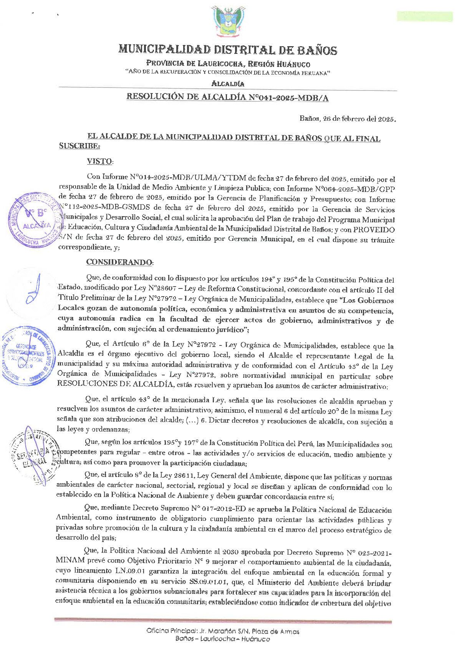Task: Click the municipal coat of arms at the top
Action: (228, 21)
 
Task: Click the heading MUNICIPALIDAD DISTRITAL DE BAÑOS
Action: (228, 50)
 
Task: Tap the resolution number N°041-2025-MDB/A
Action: (288, 98)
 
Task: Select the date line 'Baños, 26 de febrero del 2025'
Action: (348, 119)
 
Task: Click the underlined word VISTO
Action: (99, 162)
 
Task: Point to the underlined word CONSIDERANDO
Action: (119, 262)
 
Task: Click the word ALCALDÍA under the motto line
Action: (228, 84)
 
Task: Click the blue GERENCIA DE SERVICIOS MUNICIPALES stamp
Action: (28, 355)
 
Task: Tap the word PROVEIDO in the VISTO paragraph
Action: (374, 230)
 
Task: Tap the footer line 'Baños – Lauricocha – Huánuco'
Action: (222, 639)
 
